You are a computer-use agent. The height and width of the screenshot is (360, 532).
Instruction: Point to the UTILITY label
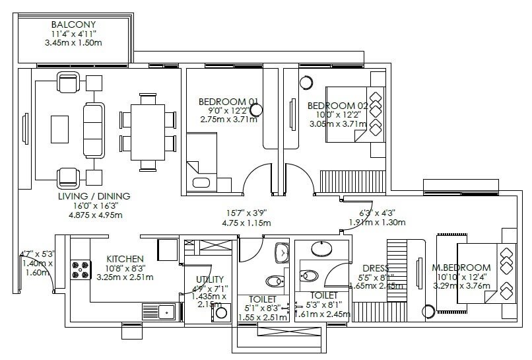(x=209, y=279)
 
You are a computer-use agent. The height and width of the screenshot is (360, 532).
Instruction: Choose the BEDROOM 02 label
(x=337, y=106)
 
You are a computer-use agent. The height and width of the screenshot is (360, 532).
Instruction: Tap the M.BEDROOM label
(x=461, y=267)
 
